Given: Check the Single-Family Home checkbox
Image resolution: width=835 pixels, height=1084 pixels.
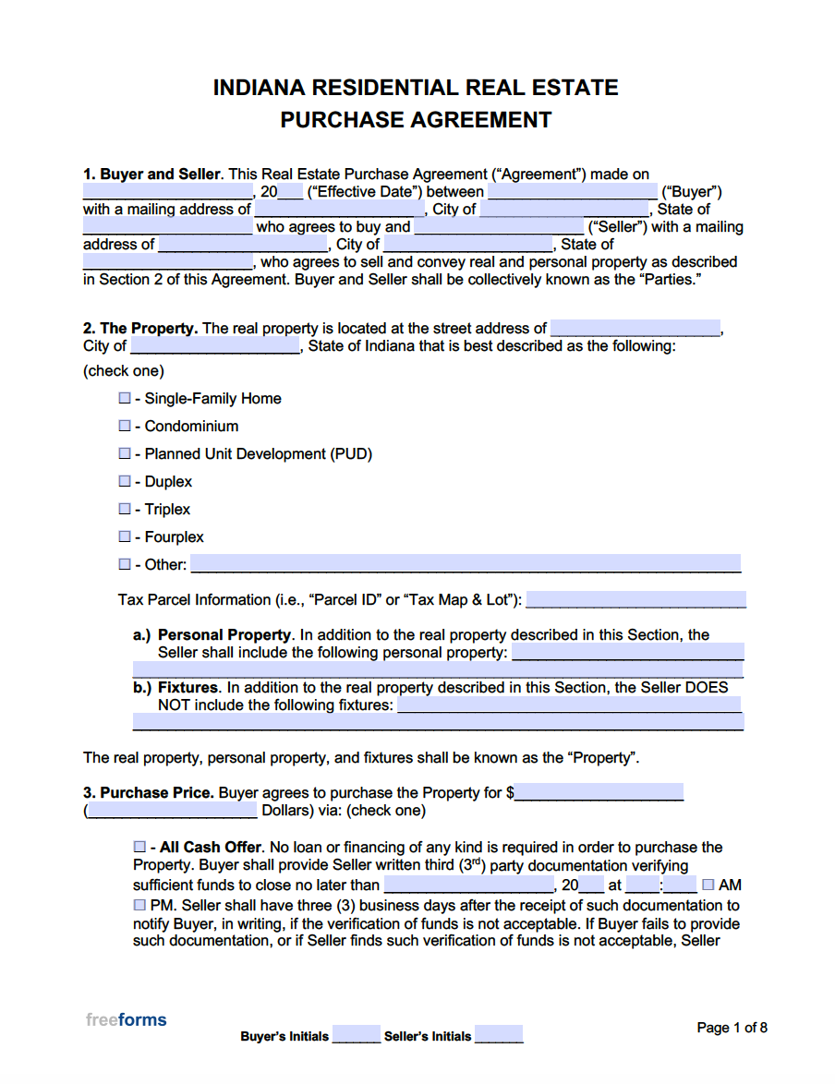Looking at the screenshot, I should [x=125, y=399].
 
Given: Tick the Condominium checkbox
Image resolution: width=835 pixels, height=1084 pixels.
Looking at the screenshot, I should [x=125, y=427].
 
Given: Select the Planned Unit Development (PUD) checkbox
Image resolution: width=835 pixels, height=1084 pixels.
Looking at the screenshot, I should [x=125, y=454].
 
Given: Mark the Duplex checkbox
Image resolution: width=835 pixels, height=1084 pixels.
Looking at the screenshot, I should [x=125, y=482].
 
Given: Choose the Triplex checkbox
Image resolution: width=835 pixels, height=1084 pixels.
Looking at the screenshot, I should [x=125, y=510].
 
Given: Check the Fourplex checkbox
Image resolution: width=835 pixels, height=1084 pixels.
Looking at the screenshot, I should [x=125, y=537].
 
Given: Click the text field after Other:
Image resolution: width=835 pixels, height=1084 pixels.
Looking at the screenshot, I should [x=466, y=564].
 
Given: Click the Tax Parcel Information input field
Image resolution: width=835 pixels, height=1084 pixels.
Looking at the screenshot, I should [x=635, y=600].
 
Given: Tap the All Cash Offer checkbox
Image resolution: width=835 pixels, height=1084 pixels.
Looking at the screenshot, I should [x=139, y=848].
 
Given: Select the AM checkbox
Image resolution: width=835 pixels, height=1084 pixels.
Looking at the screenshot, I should [x=708, y=885].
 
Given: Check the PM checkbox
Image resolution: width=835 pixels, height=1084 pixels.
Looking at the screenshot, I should [x=139, y=906].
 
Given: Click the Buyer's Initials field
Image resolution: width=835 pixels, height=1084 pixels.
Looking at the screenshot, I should [x=356, y=1035].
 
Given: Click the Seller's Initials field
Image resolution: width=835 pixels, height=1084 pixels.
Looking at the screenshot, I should [x=499, y=1035].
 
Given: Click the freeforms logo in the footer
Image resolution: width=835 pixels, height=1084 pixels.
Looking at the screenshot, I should [x=127, y=1020].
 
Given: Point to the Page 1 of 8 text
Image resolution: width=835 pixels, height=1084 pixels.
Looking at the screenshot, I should [x=732, y=1028].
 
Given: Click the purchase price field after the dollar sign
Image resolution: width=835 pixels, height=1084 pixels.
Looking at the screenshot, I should [x=599, y=792].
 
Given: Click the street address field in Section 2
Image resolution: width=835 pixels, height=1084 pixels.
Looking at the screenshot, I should [x=635, y=329].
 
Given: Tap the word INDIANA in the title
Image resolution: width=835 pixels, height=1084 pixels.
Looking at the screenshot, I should [x=260, y=88].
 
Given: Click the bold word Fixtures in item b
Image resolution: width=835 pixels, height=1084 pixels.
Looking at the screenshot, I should [x=188, y=688].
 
